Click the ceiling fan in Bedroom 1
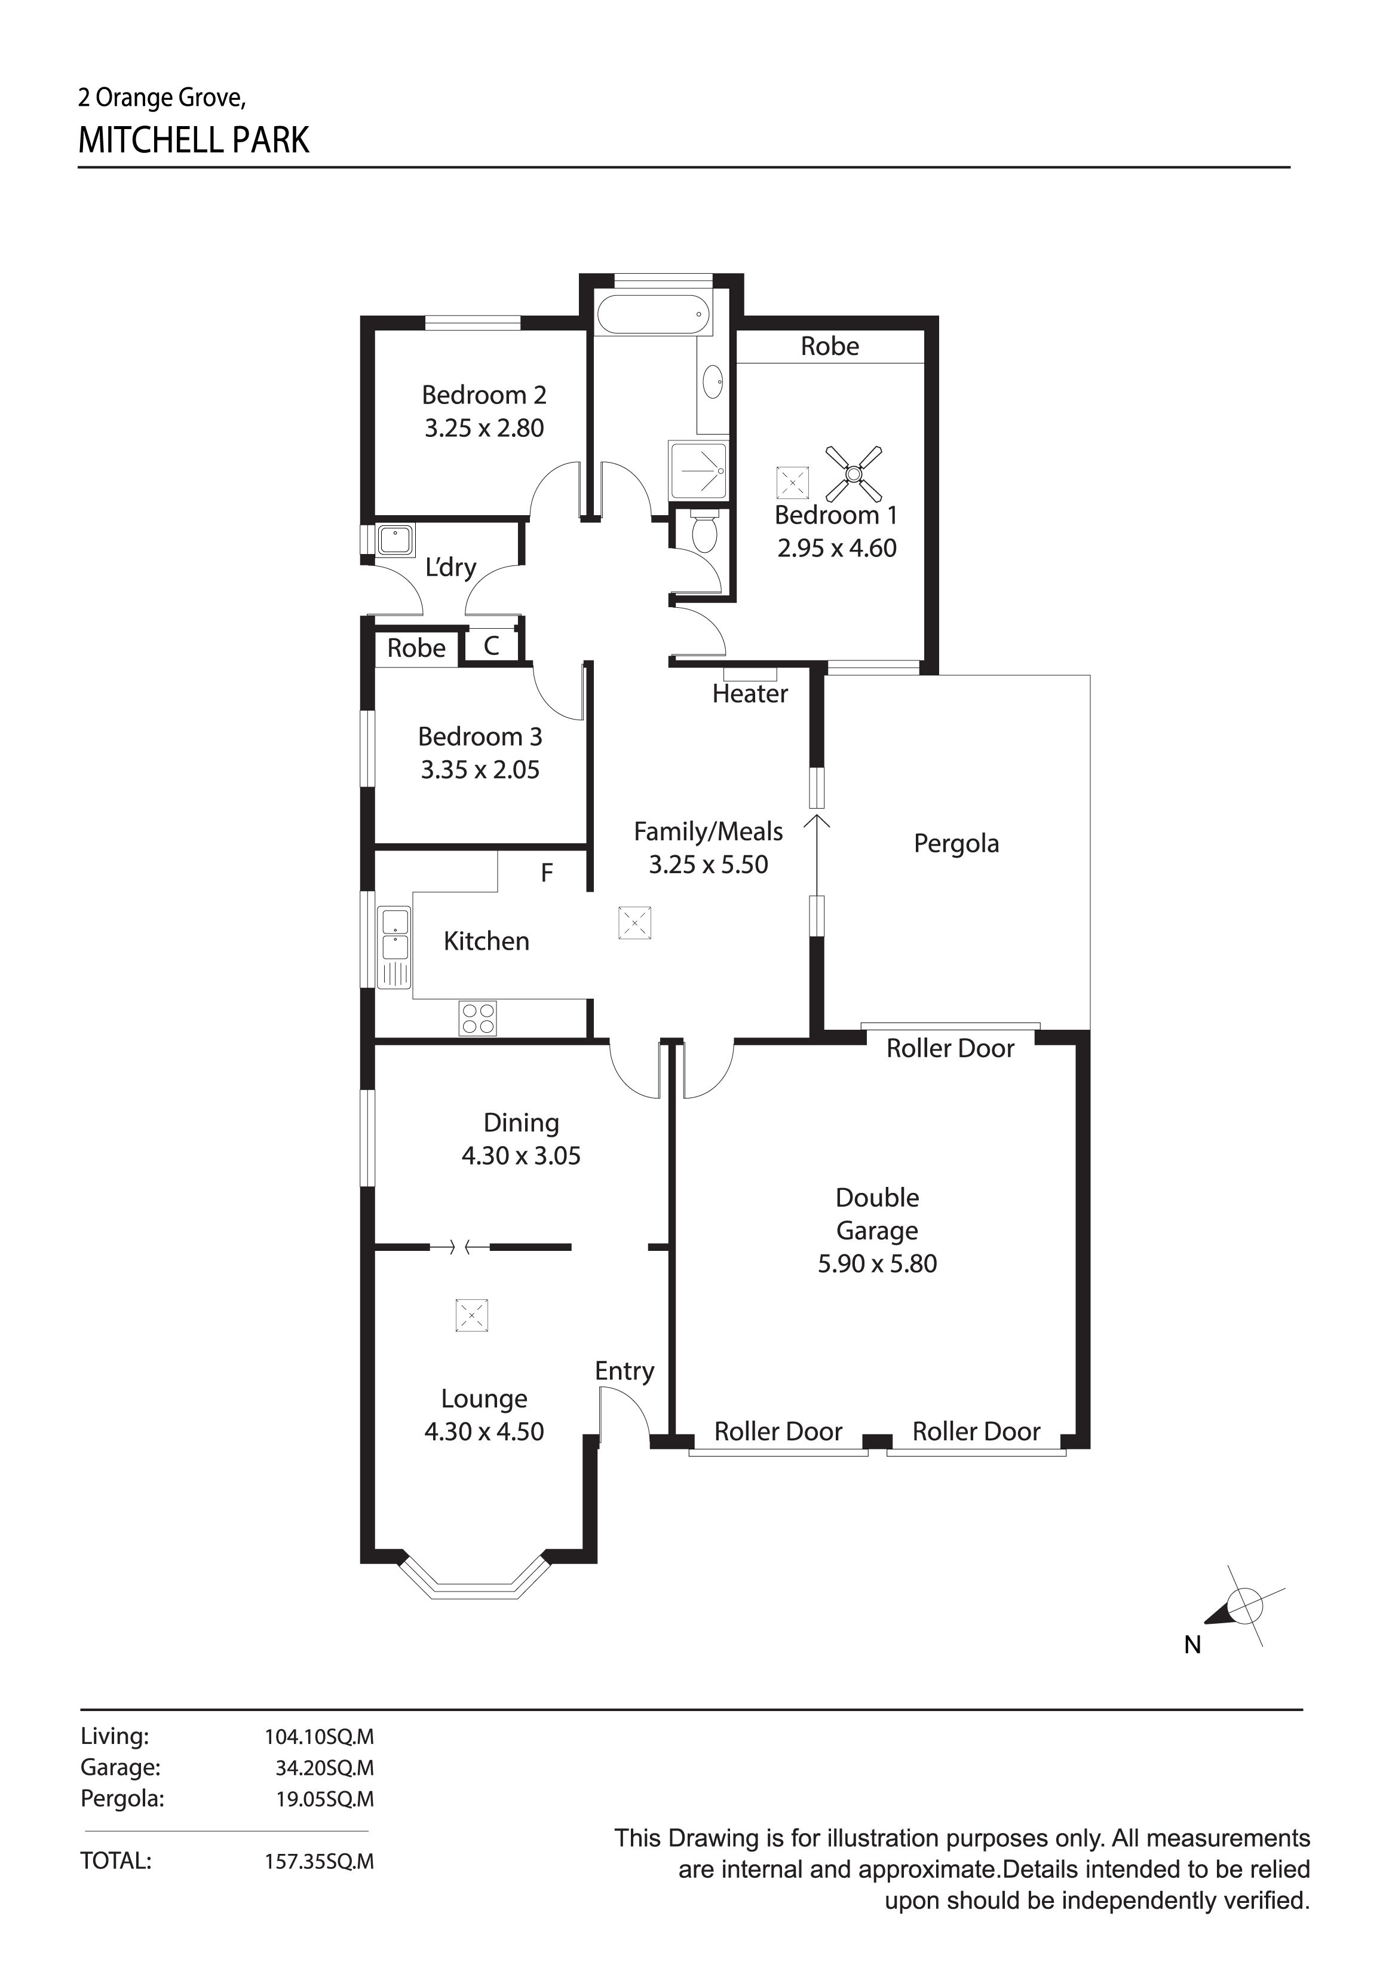pyautogui.click(x=854, y=473)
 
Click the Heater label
pyautogui.click(x=749, y=693)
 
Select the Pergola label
pyautogui.click(x=956, y=843)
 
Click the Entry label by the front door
pyautogui.click(x=624, y=1370)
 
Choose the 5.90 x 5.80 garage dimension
pyautogui.click(x=877, y=1263)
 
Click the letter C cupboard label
pyautogui.click(x=491, y=645)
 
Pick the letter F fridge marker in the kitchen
pyautogui.click(x=547, y=873)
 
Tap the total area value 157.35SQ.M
pyautogui.click(x=320, y=1861)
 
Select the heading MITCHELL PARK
pyautogui.click(x=194, y=140)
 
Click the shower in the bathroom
pyautogui.click(x=698, y=471)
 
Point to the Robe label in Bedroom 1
pyautogui.click(x=830, y=346)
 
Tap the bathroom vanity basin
pyautogui.click(x=712, y=382)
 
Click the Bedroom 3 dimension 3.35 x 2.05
pyautogui.click(x=480, y=770)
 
